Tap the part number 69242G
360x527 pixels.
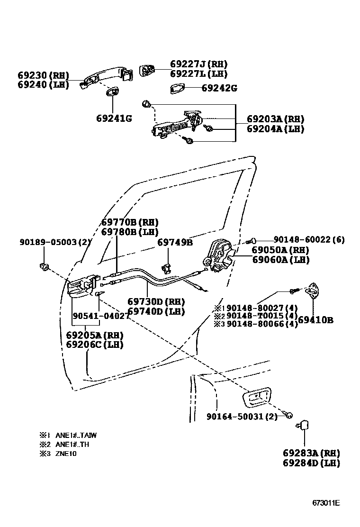tap(219, 88)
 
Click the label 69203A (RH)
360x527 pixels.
tap(275, 119)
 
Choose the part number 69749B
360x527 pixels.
tap(175, 242)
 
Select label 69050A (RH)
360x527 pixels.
tap(280, 250)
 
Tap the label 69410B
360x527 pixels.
tap(316, 320)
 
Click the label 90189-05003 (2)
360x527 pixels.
tap(55, 242)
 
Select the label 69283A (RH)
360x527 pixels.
tap(310, 453)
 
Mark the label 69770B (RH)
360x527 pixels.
tap(130, 222)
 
